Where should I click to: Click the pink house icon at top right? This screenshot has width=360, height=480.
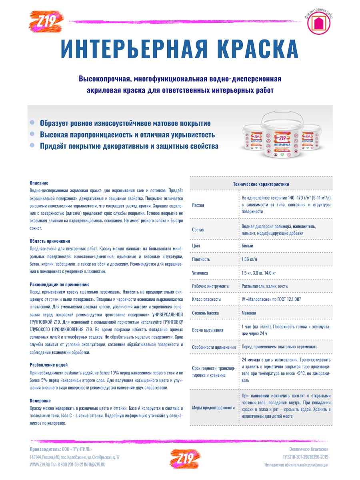[x=319, y=24]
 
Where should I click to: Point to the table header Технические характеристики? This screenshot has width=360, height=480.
[x=261, y=184]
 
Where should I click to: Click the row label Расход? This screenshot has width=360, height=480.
[x=198, y=205]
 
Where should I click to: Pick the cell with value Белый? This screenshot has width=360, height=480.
[x=247, y=246]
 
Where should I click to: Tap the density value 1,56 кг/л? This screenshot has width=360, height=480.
[x=251, y=259]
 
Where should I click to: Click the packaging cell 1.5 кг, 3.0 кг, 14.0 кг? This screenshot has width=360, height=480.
[x=259, y=273]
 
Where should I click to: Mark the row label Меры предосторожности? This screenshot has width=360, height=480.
[x=213, y=408]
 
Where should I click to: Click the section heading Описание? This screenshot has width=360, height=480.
[x=39, y=183]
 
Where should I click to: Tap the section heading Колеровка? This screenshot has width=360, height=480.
[x=40, y=400]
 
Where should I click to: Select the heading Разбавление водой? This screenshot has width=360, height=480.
[x=49, y=365]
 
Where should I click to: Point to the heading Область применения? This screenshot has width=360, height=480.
[x=50, y=241]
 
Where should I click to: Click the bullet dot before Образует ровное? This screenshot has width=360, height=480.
[x=32, y=122]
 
